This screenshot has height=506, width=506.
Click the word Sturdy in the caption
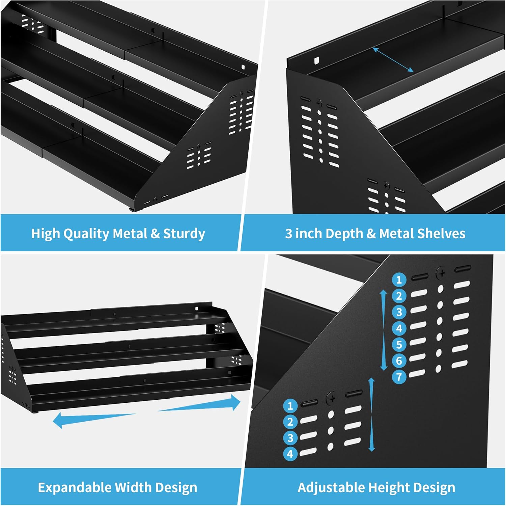point(184,234)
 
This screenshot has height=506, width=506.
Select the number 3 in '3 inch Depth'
point(288,234)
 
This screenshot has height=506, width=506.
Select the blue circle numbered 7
point(399,376)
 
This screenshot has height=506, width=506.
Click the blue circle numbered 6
point(399,361)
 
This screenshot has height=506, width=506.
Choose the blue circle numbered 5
point(399,345)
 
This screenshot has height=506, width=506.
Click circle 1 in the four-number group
point(290,406)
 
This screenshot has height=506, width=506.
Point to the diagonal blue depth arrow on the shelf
point(393,60)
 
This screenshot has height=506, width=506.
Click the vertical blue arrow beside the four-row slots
point(372,415)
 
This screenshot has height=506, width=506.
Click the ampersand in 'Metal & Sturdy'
point(155,234)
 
